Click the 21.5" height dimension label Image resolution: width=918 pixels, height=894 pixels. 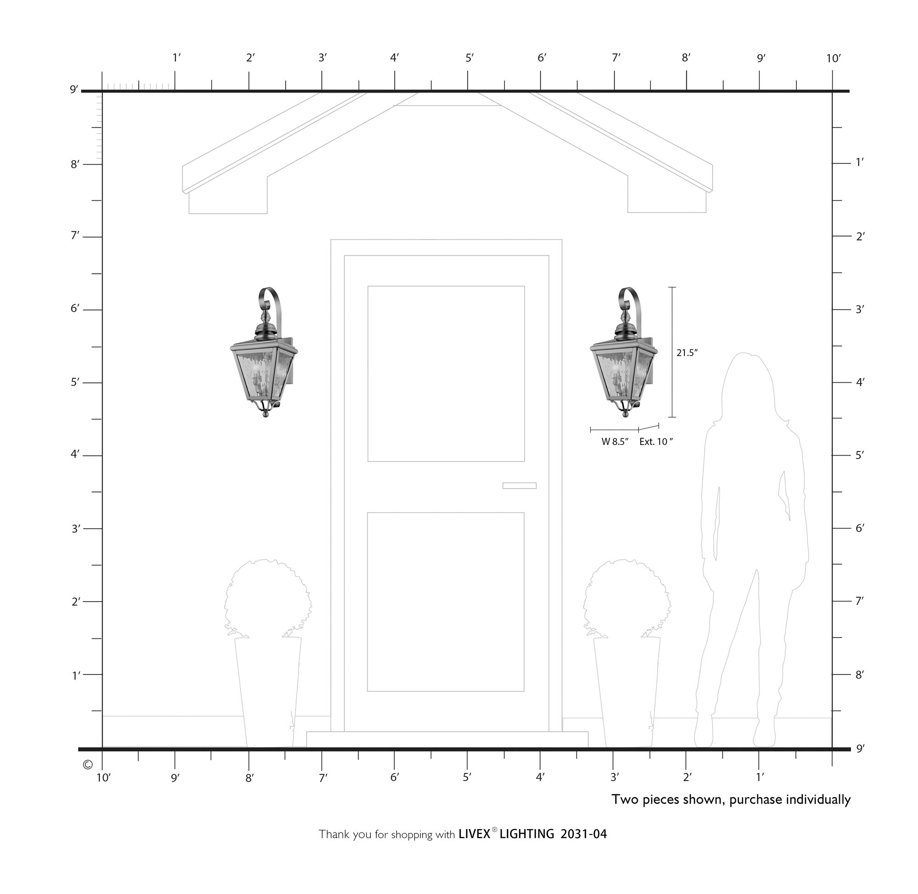[x=687, y=352]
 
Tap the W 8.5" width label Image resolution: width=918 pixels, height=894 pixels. [x=615, y=442]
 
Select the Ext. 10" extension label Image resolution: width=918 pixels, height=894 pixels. [x=656, y=442]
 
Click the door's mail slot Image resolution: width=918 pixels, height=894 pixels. [x=519, y=486]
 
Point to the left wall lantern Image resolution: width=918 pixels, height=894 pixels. [x=264, y=352]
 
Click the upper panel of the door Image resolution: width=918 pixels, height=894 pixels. [x=446, y=374]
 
